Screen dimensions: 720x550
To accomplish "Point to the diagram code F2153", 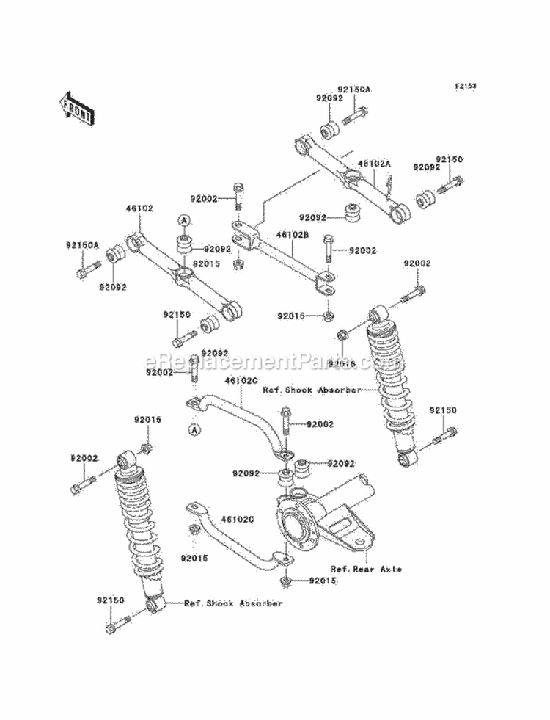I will (x=465, y=86).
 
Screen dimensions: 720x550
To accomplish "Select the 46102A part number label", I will (x=373, y=164).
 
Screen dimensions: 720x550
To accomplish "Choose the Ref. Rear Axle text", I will (x=365, y=569).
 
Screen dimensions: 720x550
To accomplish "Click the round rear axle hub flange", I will (x=296, y=524).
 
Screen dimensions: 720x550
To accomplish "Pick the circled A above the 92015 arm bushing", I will (x=182, y=219).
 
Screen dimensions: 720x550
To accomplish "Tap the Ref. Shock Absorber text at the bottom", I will (x=233, y=603).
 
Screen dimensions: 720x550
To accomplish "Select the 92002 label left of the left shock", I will (x=84, y=458).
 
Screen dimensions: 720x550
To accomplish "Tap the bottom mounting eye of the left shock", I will (x=154, y=606).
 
